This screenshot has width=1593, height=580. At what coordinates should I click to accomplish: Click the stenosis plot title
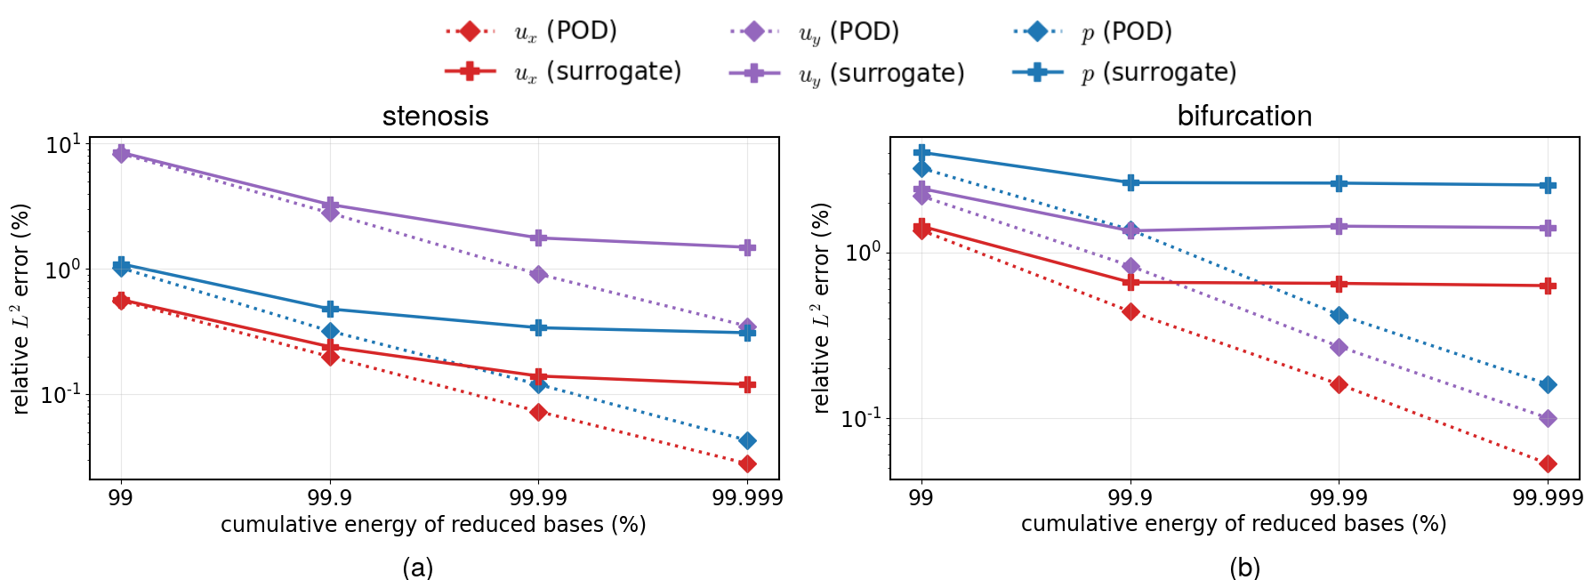(x=435, y=117)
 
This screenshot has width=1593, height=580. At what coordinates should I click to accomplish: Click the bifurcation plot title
(x=1243, y=117)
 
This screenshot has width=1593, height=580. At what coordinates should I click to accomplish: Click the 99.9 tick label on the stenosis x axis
(x=330, y=497)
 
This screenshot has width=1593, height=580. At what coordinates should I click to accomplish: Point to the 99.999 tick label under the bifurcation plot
(x=1547, y=497)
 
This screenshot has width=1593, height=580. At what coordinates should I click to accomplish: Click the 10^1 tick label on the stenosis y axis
(x=63, y=144)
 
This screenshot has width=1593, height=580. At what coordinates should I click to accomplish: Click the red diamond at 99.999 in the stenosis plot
(x=747, y=463)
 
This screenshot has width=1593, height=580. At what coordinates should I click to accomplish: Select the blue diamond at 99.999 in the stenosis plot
(x=747, y=440)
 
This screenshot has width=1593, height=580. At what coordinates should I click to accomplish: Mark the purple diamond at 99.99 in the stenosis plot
(x=538, y=274)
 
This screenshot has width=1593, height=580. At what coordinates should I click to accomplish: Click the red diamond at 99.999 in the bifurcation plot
(x=1548, y=463)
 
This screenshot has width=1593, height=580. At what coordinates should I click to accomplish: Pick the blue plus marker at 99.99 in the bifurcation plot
(x=1339, y=183)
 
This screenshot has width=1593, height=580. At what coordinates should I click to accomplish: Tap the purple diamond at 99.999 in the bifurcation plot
(x=1548, y=418)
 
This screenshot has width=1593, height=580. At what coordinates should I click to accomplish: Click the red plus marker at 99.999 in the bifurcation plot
(x=1548, y=286)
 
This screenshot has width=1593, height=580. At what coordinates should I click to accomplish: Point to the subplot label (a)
(x=417, y=567)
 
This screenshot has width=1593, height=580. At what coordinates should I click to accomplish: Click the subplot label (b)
(x=1243, y=567)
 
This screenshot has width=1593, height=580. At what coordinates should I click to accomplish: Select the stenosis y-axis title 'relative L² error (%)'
(x=21, y=309)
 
